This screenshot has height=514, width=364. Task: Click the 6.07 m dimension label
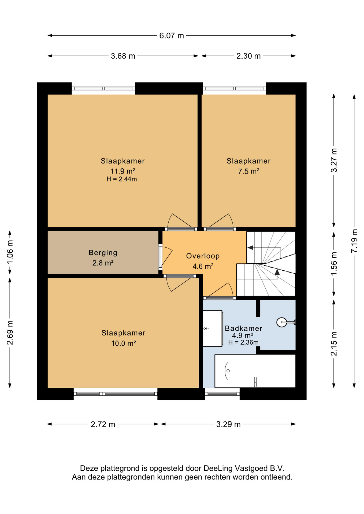(172, 36)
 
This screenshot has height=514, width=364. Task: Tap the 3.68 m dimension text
(123, 56)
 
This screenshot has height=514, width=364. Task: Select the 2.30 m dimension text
(248, 56)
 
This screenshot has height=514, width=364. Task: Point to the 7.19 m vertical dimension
(354, 241)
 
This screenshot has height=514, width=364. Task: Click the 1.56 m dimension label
(334, 264)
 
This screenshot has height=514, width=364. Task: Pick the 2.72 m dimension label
(103, 424)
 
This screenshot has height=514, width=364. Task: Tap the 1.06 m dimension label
(10, 252)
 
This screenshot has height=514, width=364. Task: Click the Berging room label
(103, 253)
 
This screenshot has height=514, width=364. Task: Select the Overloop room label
(203, 256)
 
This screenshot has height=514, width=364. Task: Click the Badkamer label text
(243, 328)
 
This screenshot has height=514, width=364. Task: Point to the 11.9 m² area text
(123, 171)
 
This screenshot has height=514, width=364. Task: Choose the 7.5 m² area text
(249, 171)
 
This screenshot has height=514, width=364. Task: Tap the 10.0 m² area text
(124, 343)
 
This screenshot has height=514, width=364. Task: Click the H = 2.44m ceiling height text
(122, 179)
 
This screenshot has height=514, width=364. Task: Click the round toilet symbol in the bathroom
(282, 322)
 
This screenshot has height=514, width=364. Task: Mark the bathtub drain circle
(228, 371)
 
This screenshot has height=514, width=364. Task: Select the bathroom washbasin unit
(213, 328)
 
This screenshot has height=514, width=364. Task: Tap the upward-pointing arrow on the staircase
(277, 272)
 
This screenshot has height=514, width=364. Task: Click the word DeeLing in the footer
(218, 469)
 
